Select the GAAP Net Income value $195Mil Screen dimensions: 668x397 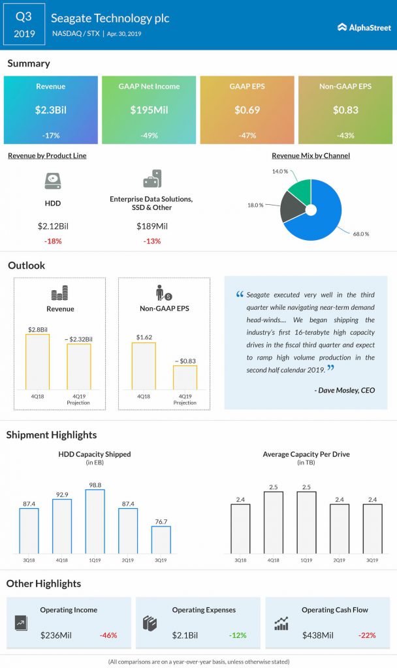[x=149, y=110]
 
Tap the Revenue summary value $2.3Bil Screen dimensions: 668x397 [x=50, y=110]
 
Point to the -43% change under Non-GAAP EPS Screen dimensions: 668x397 [x=346, y=136]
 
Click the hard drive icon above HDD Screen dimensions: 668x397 [x=52, y=180]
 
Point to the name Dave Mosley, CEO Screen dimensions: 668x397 [x=345, y=390]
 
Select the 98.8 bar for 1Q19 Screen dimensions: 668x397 [x=95, y=521]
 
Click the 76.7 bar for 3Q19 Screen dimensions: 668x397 [x=161, y=539]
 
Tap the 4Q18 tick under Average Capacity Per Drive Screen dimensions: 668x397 [x=273, y=560]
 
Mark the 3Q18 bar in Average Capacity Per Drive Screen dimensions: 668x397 [x=240, y=528]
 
